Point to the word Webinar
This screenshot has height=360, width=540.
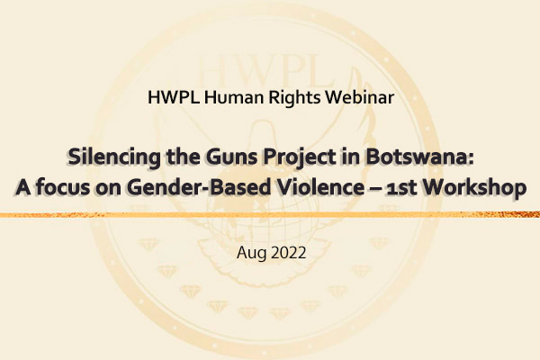tap(359, 97)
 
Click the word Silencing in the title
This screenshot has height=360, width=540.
tap(114, 157)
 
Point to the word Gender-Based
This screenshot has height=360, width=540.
tap(199, 187)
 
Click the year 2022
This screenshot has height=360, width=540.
tap(289, 253)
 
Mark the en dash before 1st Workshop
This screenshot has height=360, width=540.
tap(374, 190)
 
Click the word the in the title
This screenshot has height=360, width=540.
tap(183, 157)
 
